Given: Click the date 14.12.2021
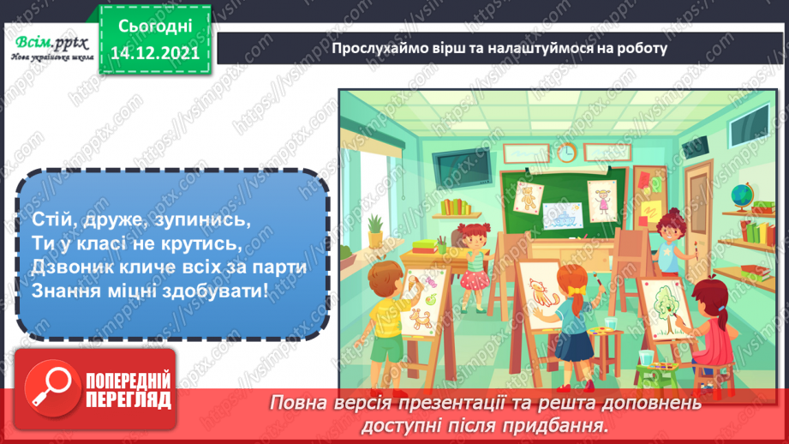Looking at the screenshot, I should (156, 52).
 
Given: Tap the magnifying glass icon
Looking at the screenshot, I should (51, 387).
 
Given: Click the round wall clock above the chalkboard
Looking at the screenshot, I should (566, 153).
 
